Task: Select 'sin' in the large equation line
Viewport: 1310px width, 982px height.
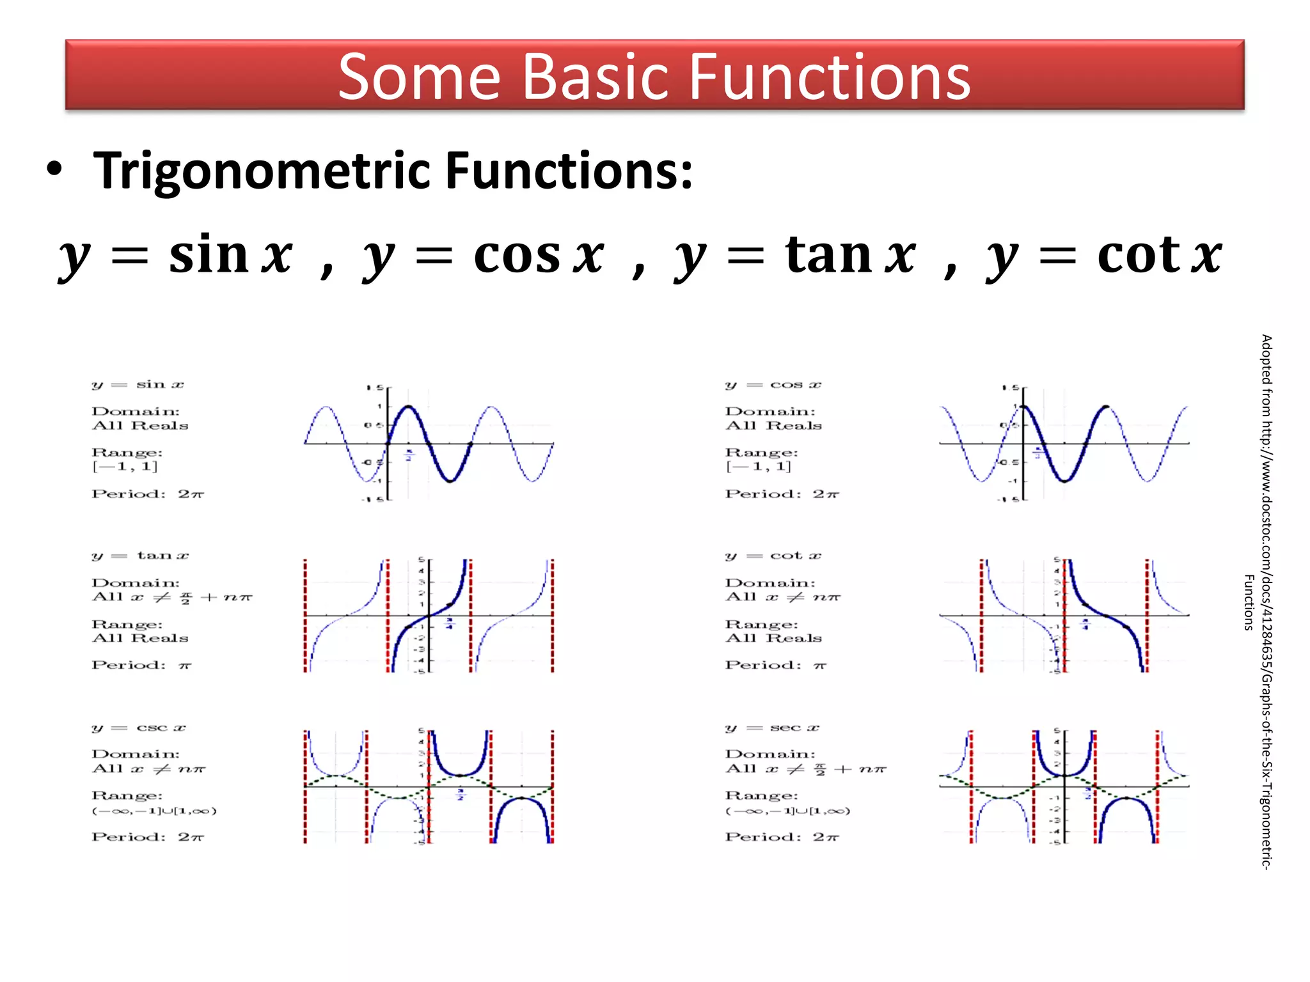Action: click(x=209, y=254)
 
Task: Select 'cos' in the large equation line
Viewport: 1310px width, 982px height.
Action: click(x=517, y=254)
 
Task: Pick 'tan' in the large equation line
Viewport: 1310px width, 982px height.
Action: click(x=828, y=254)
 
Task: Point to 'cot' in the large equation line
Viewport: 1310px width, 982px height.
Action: click(x=1138, y=254)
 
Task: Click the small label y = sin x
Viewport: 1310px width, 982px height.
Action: click(x=138, y=385)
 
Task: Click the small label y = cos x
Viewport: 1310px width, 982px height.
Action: click(x=773, y=385)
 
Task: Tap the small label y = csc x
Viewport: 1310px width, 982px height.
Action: click(x=139, y=728)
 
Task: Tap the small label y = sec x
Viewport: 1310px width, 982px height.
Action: click(x=772, y=728)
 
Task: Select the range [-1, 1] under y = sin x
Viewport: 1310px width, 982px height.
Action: click(x=125, y=467)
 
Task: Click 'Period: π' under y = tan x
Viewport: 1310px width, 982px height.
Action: click(x=141, y=666)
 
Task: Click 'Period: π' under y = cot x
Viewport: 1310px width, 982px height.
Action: click(x=775, y=666)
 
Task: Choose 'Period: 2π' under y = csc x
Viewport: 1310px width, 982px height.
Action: click(x=148, y=837)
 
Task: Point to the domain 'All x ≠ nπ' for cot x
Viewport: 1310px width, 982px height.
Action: click(x=782, y=597)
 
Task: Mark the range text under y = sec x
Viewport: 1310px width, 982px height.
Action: click(x=787, y=811)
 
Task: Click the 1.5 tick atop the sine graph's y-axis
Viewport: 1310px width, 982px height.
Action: click(x=375, y=387)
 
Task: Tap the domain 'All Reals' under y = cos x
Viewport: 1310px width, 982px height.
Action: click(x=773, y=426)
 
